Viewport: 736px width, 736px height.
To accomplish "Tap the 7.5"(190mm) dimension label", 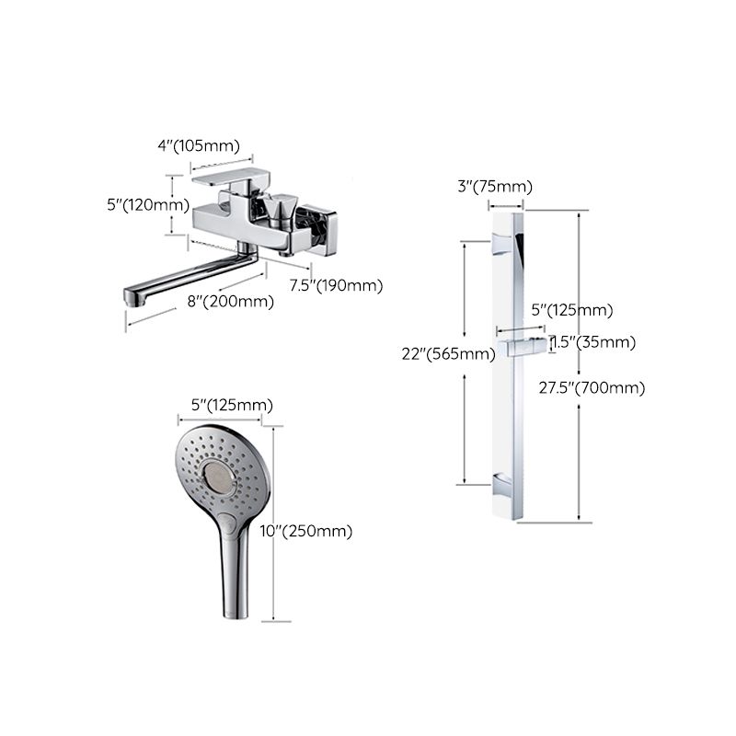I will coord(336,285).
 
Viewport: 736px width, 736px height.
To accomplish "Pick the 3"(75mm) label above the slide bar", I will coord(495,187).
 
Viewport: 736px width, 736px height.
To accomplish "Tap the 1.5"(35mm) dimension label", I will coord(592,342).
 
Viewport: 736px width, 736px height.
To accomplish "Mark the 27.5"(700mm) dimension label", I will coord(592,387).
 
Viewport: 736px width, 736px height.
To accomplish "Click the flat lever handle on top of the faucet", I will coord(225,177).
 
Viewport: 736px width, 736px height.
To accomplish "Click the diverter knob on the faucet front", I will coord(279,213).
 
